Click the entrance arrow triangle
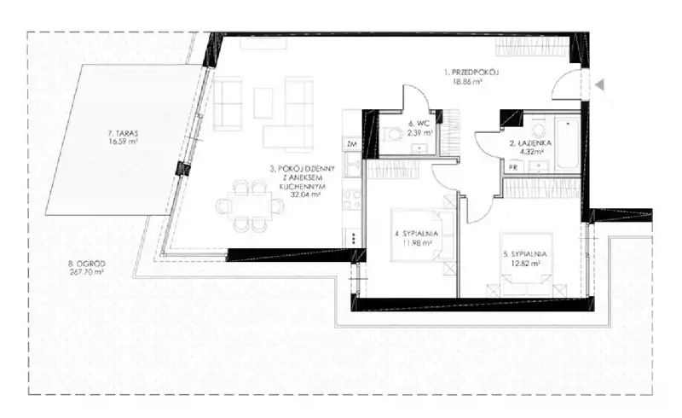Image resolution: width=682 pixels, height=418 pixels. click(600, 85)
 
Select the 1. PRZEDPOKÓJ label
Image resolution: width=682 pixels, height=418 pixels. click(471, 73)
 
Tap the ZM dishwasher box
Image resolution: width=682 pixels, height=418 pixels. click(352, 144)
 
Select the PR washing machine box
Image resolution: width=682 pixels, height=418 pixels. click(513, 167)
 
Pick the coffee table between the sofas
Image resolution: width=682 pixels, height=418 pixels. click(263, 102)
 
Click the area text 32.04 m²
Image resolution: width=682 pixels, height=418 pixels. click(305, 195)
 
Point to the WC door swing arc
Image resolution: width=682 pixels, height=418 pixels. click(416, 93)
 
